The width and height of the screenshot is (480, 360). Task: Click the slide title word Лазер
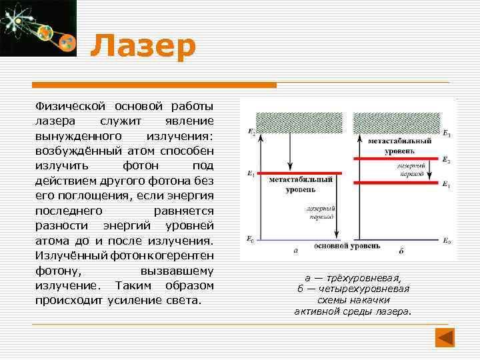click(143, 47)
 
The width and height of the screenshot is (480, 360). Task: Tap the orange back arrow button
click(445, 337)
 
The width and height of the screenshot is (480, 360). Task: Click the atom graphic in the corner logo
click(27, 23)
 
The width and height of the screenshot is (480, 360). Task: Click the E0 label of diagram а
click(250, 238)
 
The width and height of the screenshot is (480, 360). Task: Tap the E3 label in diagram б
click(446, 135)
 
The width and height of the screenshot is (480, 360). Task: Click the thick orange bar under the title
click(154, 85)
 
